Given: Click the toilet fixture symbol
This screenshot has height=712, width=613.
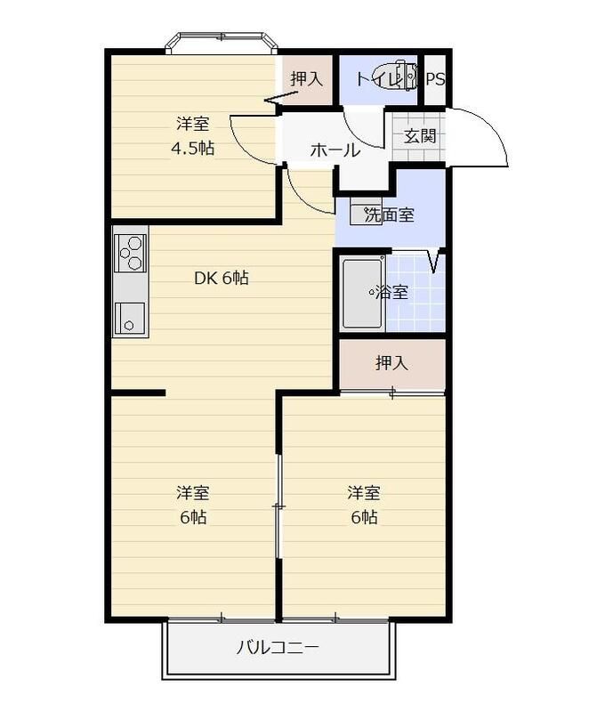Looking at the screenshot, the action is pyautogui.click(x=404, y=74).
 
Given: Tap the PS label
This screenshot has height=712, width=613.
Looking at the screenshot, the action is pyautogui.click(x=435, y=79).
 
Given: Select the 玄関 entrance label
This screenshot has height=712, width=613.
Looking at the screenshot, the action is pyautogui.click(x=420, y=136).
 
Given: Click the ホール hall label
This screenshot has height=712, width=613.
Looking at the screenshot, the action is pyautogui.click(x=335, y=150).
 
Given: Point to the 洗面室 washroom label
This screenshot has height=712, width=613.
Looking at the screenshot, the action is pyautogui.click(x=389, y=214).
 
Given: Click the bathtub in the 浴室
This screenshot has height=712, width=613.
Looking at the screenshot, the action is pyautogui.click(x=362, y=293).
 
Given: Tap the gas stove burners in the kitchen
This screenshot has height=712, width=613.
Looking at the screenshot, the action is pyautogui.click(x=130, y=253).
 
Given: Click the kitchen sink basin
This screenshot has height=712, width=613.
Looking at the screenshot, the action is pyautogui.click(x=129, y=319).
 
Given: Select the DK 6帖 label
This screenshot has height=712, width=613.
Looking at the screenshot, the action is pyautogui.click(x=222, y=278).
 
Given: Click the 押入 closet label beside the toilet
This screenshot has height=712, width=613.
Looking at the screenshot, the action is pyautogui.click(x=306, y=78).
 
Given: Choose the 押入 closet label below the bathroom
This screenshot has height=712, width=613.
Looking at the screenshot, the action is pyautogui.click(x=391, y=363).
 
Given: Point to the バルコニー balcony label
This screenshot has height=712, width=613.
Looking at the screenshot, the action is pyautogui.click(x=278, y=647).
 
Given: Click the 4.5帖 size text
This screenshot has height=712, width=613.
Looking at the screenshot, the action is pyautogui.click(x=192, y=148).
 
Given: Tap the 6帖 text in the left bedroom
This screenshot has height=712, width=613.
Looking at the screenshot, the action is pyautogui.click(x=193, y=517).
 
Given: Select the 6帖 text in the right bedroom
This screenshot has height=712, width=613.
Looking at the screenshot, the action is pyautogui.click(x=364, y=517).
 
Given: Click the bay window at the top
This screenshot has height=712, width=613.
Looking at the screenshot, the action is pyautogui.click(x=222, y=43).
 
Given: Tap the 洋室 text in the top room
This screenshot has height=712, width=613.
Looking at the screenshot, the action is pyautogui.click(x=192, y=123).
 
